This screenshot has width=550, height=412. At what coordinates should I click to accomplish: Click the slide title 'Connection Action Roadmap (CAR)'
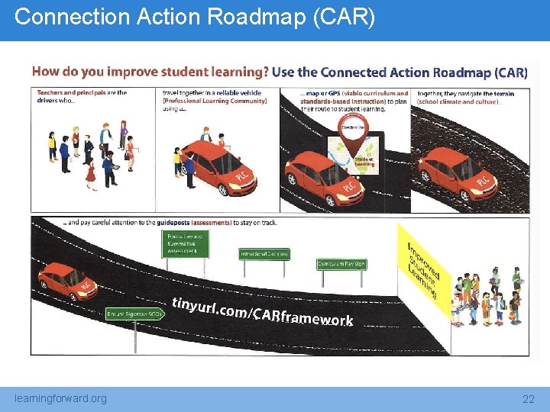(195, 18)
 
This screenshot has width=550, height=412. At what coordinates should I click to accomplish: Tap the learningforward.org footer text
(61, 398)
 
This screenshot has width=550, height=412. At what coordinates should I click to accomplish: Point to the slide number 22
(528, 399)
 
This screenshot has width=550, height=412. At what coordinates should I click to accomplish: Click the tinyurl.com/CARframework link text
(262, 311)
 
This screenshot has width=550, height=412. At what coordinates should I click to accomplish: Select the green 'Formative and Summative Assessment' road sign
(186, 244)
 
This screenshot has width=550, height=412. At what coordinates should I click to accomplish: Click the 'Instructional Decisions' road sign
(264, 254)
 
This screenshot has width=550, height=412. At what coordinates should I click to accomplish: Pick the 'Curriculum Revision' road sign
(341, 264)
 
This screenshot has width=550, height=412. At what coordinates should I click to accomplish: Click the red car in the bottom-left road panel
(69, 281)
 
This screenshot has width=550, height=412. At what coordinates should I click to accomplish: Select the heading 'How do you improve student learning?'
(150, 72)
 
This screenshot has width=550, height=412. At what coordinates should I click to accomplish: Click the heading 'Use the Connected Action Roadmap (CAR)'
(400, 72)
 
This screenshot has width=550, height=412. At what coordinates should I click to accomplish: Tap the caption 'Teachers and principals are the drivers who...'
(81, 97)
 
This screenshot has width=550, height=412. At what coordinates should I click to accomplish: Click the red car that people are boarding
(220, 167)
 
